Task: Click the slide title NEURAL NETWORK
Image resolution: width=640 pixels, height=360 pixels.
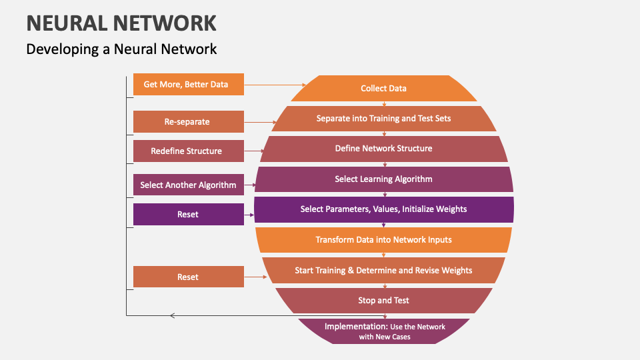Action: tap(121, 23)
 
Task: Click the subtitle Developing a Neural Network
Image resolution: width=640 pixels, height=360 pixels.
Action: tap(121, 49)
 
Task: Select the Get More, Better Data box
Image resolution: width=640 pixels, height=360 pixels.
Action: tap(188, 85)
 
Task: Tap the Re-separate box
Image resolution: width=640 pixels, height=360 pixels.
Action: tap(188, 122)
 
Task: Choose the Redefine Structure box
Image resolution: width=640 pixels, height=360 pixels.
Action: tap(188, 151)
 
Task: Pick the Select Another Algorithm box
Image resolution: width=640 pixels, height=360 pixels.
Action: tap(188, 185)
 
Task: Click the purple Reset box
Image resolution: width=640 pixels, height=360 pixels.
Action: tap(188, 215)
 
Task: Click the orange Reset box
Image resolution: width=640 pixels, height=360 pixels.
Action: tap(188, 277)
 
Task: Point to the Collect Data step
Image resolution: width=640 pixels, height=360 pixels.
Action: tap(383, 88)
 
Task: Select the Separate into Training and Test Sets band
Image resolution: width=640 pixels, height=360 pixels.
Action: tap(383, 119)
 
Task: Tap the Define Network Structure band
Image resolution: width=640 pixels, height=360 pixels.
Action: tap(383, 149)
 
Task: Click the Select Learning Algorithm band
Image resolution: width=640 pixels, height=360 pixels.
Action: tap(383, 179)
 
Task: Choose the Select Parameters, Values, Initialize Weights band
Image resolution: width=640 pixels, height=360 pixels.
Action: tap(383, 209)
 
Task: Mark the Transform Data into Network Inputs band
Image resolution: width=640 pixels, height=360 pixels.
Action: tap(383, 240)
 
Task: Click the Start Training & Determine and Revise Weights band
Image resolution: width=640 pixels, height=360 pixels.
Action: tap(383, 271)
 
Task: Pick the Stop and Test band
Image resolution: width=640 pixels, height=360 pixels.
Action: tap(383, 301)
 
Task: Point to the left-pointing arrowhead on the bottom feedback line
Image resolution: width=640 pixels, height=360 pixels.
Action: tap(173, 315)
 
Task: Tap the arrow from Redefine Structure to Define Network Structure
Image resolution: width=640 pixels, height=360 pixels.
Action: tap(253, 151)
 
